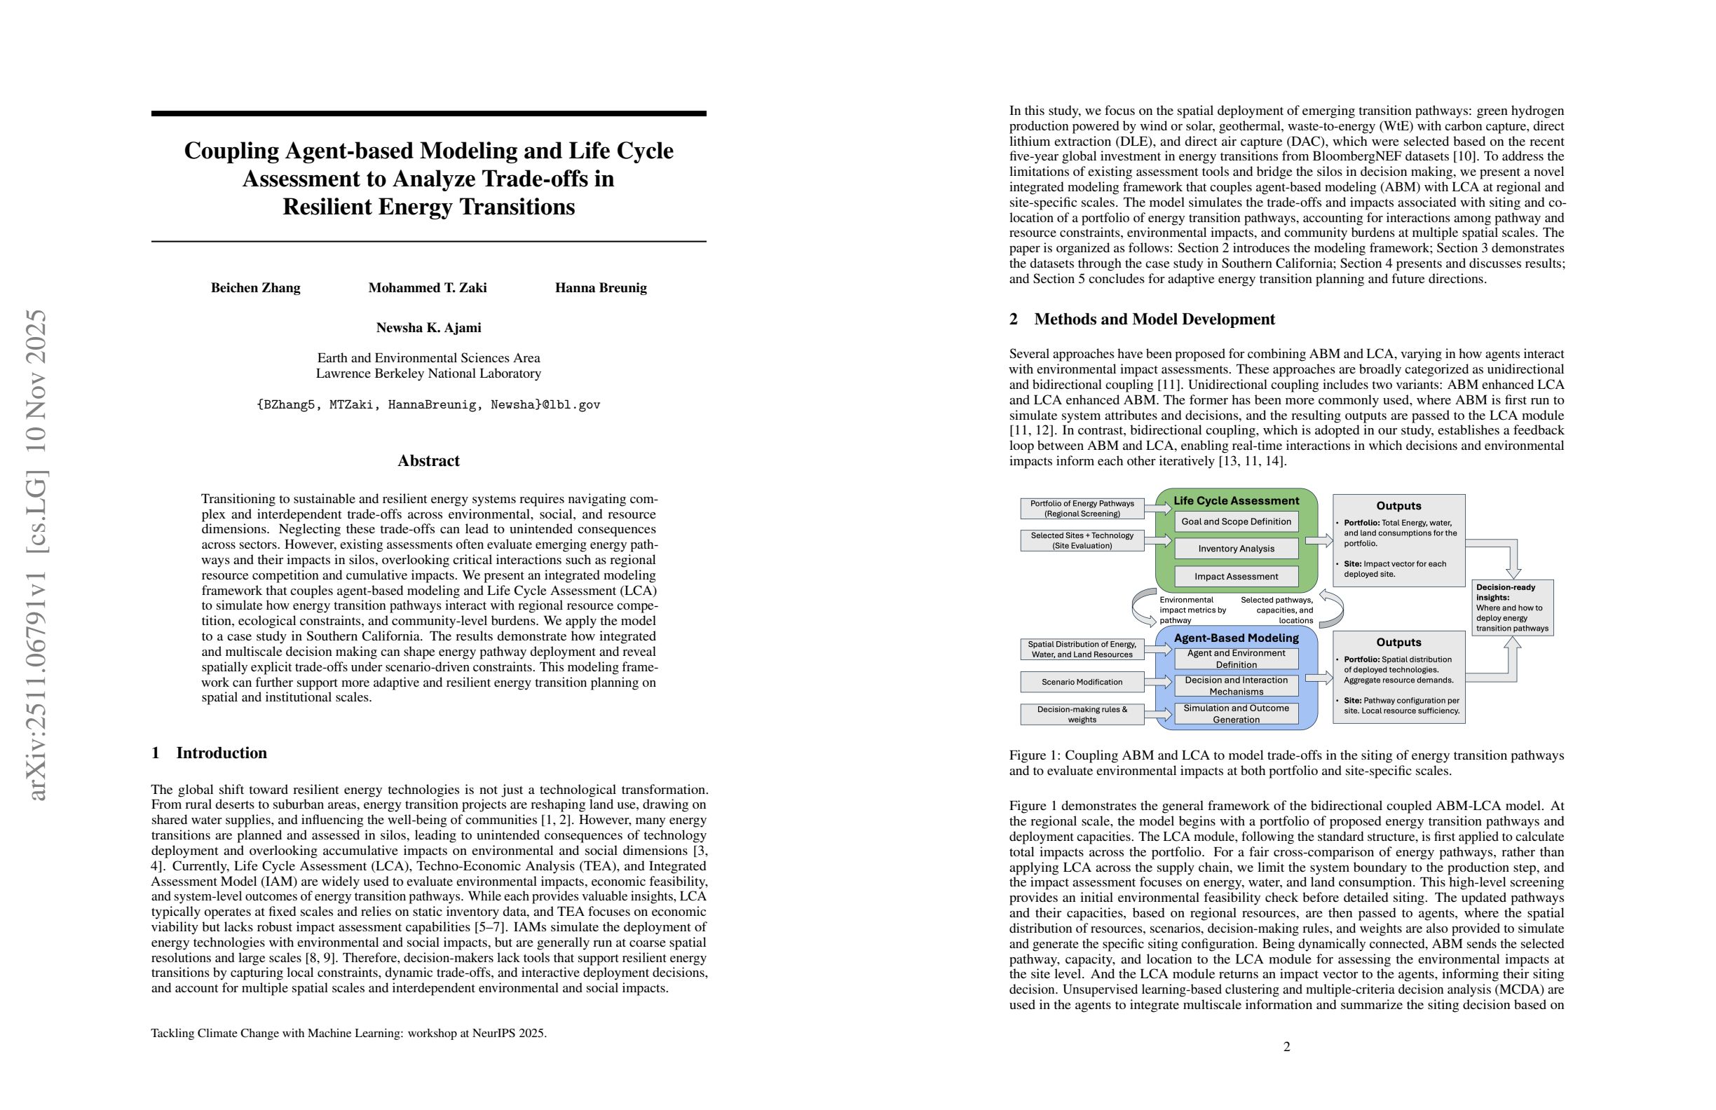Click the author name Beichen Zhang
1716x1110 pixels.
tap(255, 288)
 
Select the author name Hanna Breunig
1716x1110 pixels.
tap(601, 288)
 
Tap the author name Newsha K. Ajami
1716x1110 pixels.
tap(428, 328)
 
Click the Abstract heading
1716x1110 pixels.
tap(428, 461)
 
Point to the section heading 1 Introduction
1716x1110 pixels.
tap(209, 753)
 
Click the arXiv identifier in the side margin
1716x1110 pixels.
tap(36, 555)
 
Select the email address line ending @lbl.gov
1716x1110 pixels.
tap(428, 405)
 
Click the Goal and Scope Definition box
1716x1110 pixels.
tap(1236, 522)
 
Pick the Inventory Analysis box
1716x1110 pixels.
tap(1236, 549)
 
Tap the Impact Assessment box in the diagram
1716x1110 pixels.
tap(1236, 577)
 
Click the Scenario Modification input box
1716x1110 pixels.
tap(1082, 682)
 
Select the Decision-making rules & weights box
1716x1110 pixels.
tap(1082, 714)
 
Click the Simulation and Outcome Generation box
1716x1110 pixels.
tap(1236, 713)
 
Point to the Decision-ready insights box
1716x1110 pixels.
tap(1512, 608)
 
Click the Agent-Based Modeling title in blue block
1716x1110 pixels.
tap(1236, 638)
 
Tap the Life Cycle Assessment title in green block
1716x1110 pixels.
tap(1236, 501)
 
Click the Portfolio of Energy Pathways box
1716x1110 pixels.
tap(1082, 509)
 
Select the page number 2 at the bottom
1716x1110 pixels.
tap(1287, 1046)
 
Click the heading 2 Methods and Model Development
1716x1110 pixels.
tap(1142, 320)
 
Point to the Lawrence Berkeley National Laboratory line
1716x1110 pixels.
tap(428, 374)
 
